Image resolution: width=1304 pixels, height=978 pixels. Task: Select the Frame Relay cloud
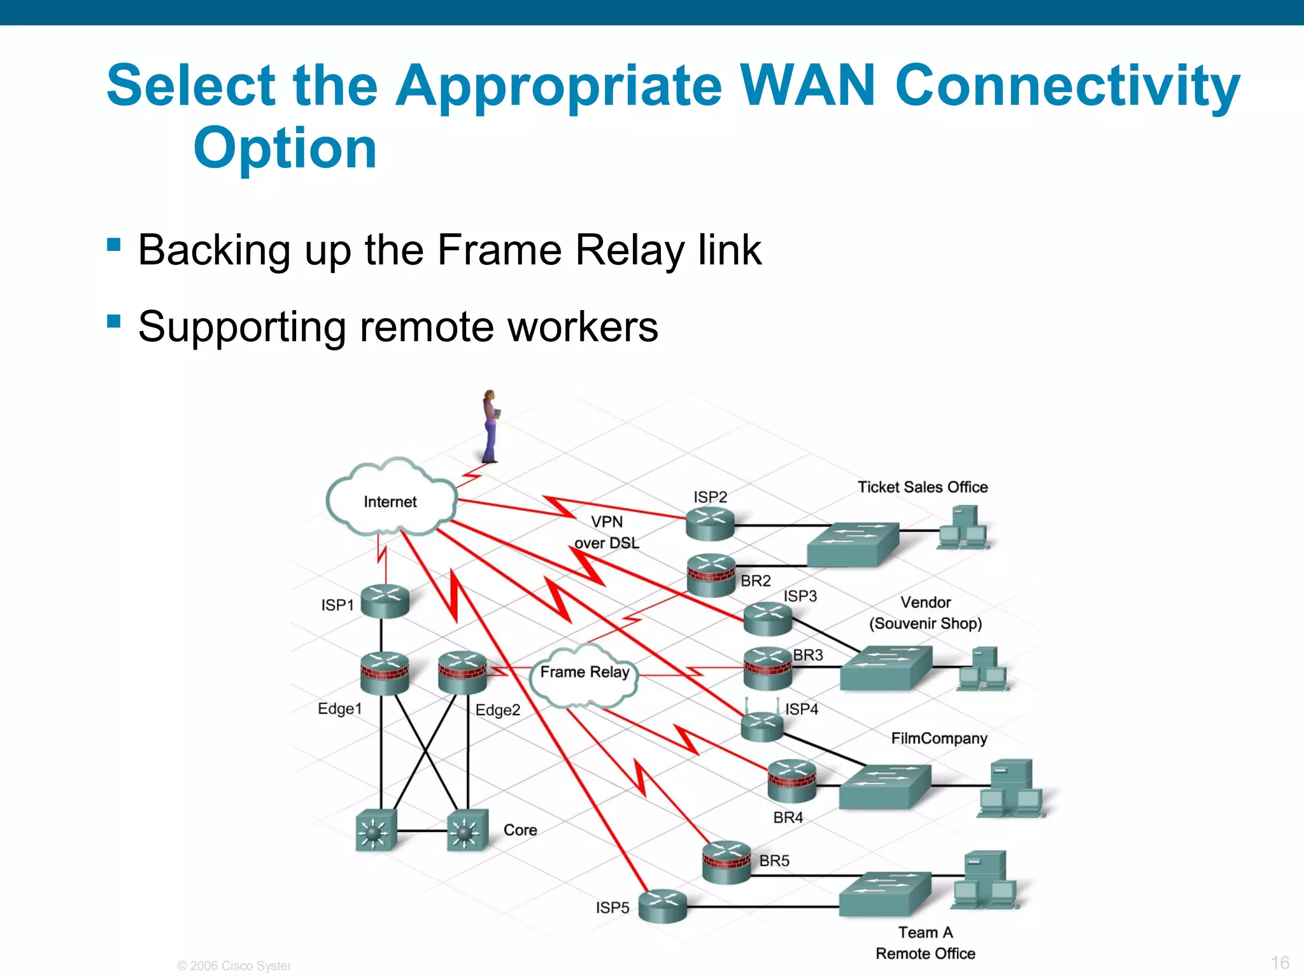point(584,675)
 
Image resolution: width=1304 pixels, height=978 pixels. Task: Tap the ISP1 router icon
point(385,602)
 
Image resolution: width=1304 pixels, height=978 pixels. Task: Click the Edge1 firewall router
point(385,673)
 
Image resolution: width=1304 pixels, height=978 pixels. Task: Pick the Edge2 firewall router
point(462,673)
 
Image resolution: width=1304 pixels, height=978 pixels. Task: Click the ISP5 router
point(663,906)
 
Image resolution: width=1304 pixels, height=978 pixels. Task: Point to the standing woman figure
point(490,426)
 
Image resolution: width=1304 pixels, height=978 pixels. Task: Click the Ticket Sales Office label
point(922,487)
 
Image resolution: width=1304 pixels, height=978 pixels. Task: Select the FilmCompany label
point(939,738)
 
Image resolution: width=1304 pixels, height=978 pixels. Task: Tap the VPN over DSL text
point(606,532)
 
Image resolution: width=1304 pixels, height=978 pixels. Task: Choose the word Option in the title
point(285,148)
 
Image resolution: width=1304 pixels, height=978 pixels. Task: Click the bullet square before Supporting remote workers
point(114,320)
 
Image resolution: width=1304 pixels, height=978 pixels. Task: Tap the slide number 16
point(1280,962)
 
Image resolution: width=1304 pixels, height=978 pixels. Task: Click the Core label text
point(520,830)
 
